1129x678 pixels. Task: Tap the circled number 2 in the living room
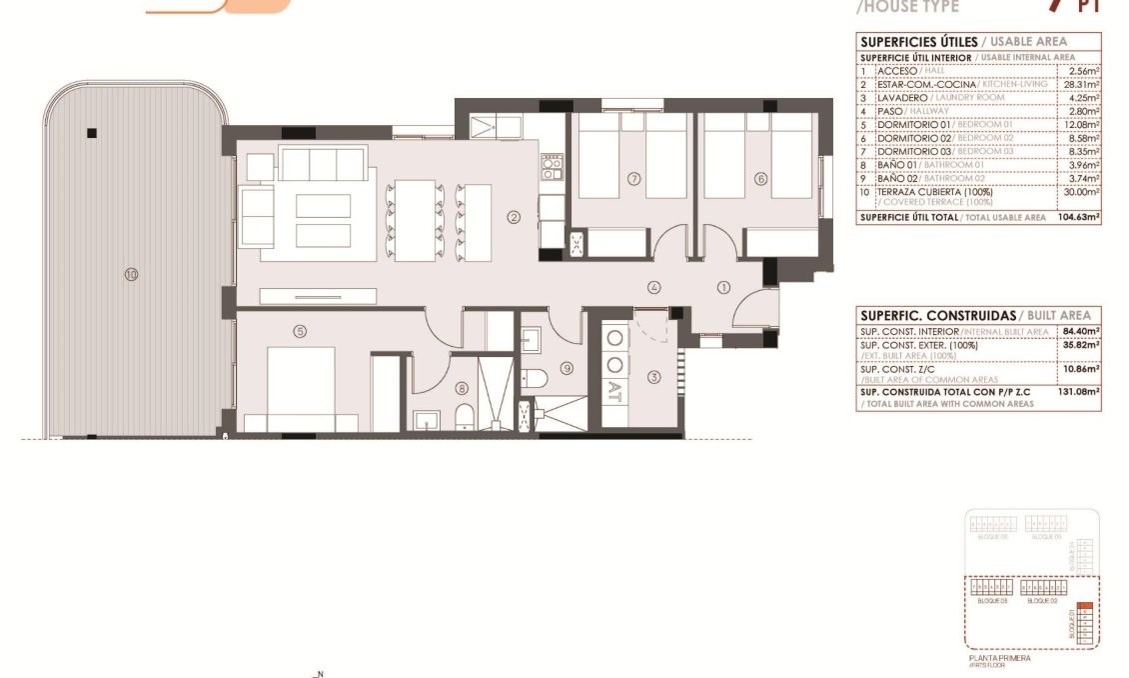(x=514, y=216)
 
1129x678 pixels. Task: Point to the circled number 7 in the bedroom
(x=633, y=179)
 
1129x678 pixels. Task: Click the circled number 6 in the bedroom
(x=760, y=179)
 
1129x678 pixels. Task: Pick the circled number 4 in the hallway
(x=654, y=287)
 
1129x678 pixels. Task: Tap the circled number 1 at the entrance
(x=723, y=287)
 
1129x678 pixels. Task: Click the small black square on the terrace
(x=91, y=133)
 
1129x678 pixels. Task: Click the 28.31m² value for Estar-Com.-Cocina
(x=1083, y=85)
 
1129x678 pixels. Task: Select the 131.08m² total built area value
(x=1080, y=393)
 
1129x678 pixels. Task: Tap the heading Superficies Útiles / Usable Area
(x=963, y=41)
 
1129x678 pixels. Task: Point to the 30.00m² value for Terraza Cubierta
(x=1082, y=191)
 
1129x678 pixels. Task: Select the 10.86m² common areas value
(x=1082, y=369)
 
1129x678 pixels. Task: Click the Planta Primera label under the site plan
(x=999, y=658)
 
